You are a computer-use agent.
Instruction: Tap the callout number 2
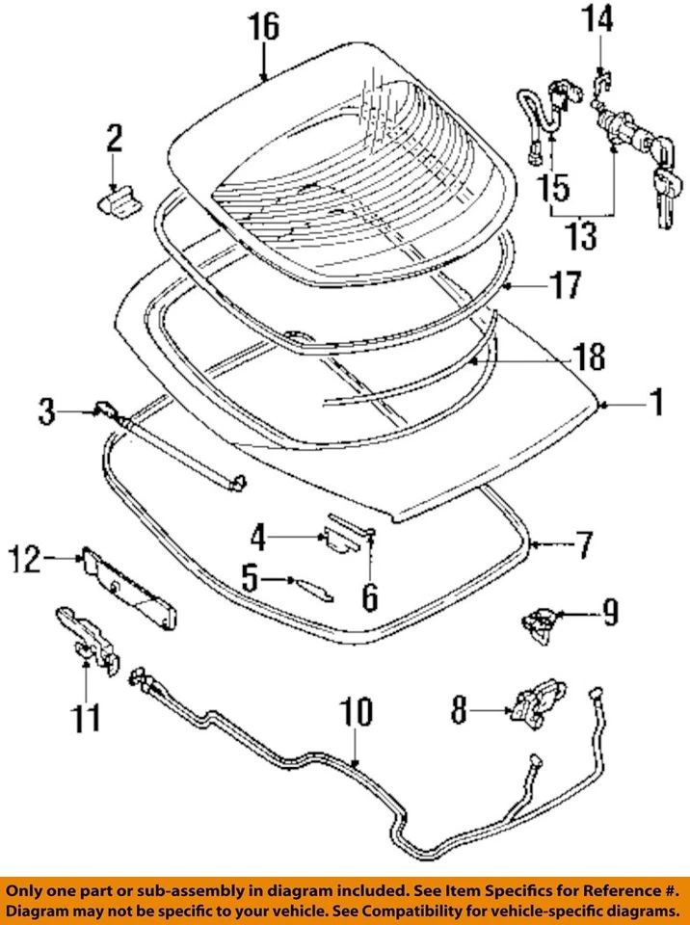114,140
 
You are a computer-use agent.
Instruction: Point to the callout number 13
581,235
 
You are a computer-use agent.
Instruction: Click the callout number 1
654,402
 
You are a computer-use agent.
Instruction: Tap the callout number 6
370,596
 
